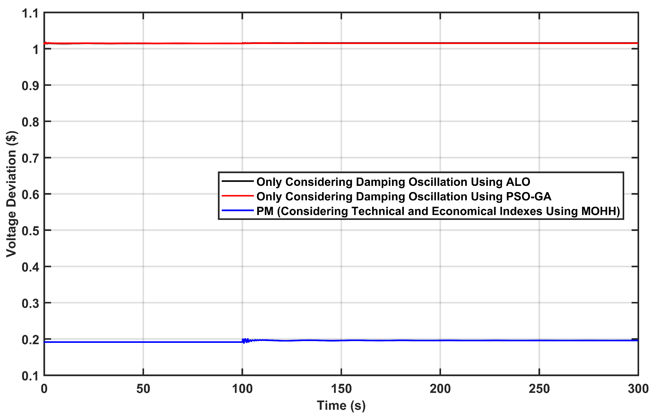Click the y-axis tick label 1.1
point(30,14)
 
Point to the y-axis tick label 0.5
point(30,231)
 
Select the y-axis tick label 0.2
point(30,340)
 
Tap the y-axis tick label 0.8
point(30,122)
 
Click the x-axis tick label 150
point(341,389)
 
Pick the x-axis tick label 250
point(539,389)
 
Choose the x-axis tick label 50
point(143,389)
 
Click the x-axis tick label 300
point(638,389)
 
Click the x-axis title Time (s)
point(341,406)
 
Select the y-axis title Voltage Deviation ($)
point(11,194)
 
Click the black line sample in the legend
point(238,181)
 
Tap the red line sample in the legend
point(238,196)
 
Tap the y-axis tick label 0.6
point(30,195)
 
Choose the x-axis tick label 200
point(440,389)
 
